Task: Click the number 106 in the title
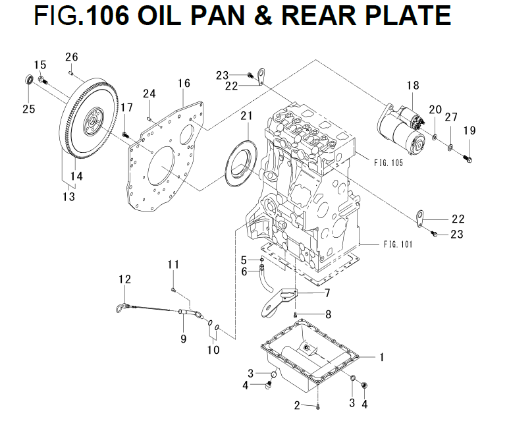tap(107, 16)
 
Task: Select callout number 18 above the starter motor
tap(412, 86)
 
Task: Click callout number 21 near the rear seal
tap(246, 116)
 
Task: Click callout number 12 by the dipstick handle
tap(125, 280)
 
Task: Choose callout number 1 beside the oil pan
tap(380, 357)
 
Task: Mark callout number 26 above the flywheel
tap(72, 57)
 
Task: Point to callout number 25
tap(28, 109)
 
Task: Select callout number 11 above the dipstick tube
tap(173, 265)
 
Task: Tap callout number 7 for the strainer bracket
tap(327, 292)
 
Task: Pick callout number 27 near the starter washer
tap(450, 117)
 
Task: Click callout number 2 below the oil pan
tap(298, 404)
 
